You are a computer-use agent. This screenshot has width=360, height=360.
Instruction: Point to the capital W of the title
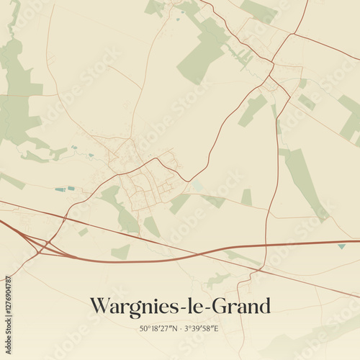pyautogui.click(x=99, y=306)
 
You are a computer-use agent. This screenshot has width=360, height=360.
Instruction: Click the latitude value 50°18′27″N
pyautogui.click(x=159, y=329)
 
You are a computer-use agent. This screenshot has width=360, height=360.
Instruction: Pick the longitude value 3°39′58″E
pyautogui.click(x=202, y=329)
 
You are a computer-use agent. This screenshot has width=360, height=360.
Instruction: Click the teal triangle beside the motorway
pyautogui.click(x=341, y=246)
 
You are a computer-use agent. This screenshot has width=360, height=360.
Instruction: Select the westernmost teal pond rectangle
pyautogui.click(x=60, y=189)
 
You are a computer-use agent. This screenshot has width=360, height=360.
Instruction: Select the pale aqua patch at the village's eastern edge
pyautogui.click(x=197, y=186)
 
